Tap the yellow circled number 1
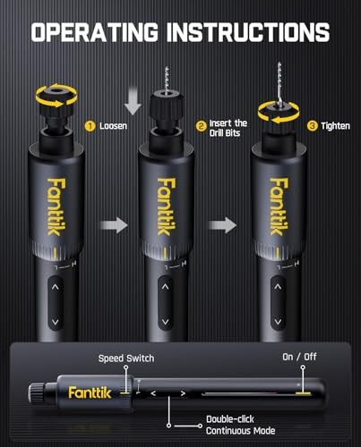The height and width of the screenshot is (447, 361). (90, 126)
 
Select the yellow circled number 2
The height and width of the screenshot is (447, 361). (202, 126)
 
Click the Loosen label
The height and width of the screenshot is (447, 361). (115, 126)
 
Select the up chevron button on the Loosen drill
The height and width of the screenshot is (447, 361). (55, 288)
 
